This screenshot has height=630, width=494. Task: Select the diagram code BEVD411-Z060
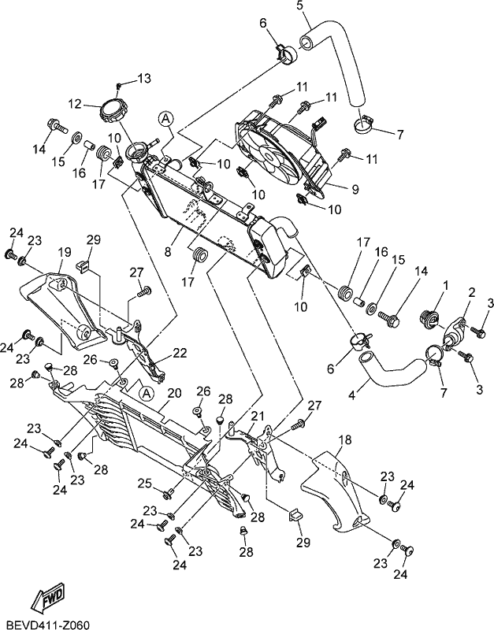pos(44,623)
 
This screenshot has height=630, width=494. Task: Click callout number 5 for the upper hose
pos(300,6)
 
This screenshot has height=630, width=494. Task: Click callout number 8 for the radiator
pos(168,252)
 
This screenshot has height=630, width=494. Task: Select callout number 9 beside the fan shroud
pos(355,189)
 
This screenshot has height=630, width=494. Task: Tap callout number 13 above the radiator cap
pos(143,78)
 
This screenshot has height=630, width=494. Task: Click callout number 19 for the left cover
pos(65,252)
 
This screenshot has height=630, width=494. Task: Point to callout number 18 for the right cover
pos(345,439)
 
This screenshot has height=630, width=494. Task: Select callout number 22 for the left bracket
pos(180,353)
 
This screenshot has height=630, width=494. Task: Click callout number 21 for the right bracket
pos(258,416)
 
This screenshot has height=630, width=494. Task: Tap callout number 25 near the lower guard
pos(146,484)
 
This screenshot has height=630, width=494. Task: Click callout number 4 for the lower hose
pos(351,396)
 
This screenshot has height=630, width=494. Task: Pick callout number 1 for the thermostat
pos(445,286)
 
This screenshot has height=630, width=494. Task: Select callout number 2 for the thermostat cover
pos(471,292)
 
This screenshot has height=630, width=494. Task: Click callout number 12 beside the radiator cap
pos(75,104)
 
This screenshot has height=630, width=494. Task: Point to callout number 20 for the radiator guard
pos(174,394)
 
